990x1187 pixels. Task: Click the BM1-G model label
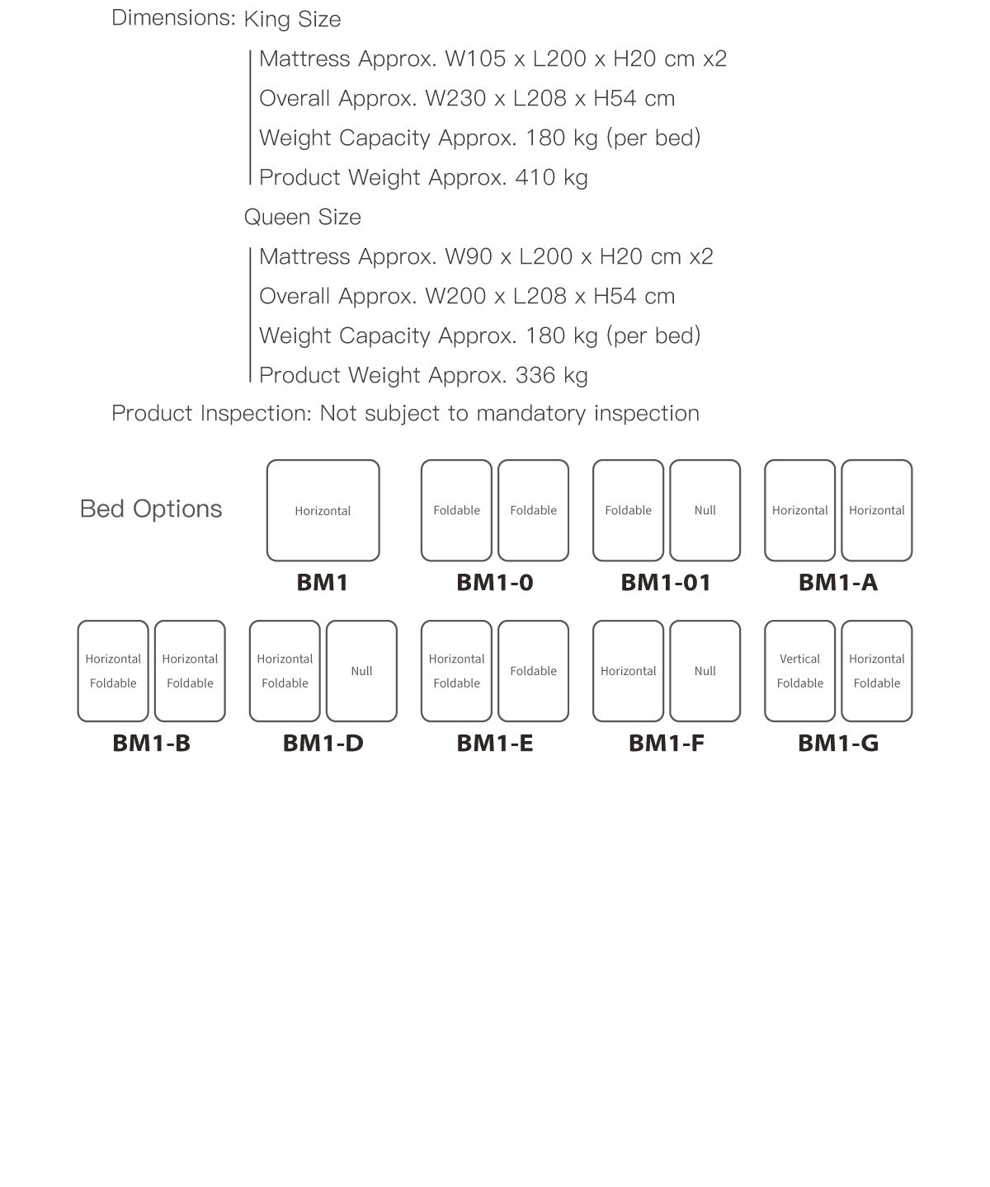(837, 744)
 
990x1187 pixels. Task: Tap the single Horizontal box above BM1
(323, 510)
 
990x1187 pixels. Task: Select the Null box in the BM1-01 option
(705, 510)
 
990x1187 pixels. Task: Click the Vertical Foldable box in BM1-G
(799, 671)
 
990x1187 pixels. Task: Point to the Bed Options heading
(151, 509)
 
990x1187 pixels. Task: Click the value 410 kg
(551, 177)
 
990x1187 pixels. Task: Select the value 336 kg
(551, 375)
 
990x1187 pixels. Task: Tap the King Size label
(292, 19)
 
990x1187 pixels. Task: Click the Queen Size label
(302, 217)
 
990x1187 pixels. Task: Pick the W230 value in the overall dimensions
(454, 98)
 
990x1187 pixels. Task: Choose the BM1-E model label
(494, 744)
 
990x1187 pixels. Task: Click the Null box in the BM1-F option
(705, 671)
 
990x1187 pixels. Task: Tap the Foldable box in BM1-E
(533, 671)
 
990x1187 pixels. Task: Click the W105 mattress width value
(474, 59)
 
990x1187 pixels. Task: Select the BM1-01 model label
(666, 583)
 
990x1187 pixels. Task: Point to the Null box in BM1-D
(361, 671)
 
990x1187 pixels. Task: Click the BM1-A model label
(837, 583)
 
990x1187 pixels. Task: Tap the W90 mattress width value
(468, 256)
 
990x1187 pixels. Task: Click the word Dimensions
(173, 17)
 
